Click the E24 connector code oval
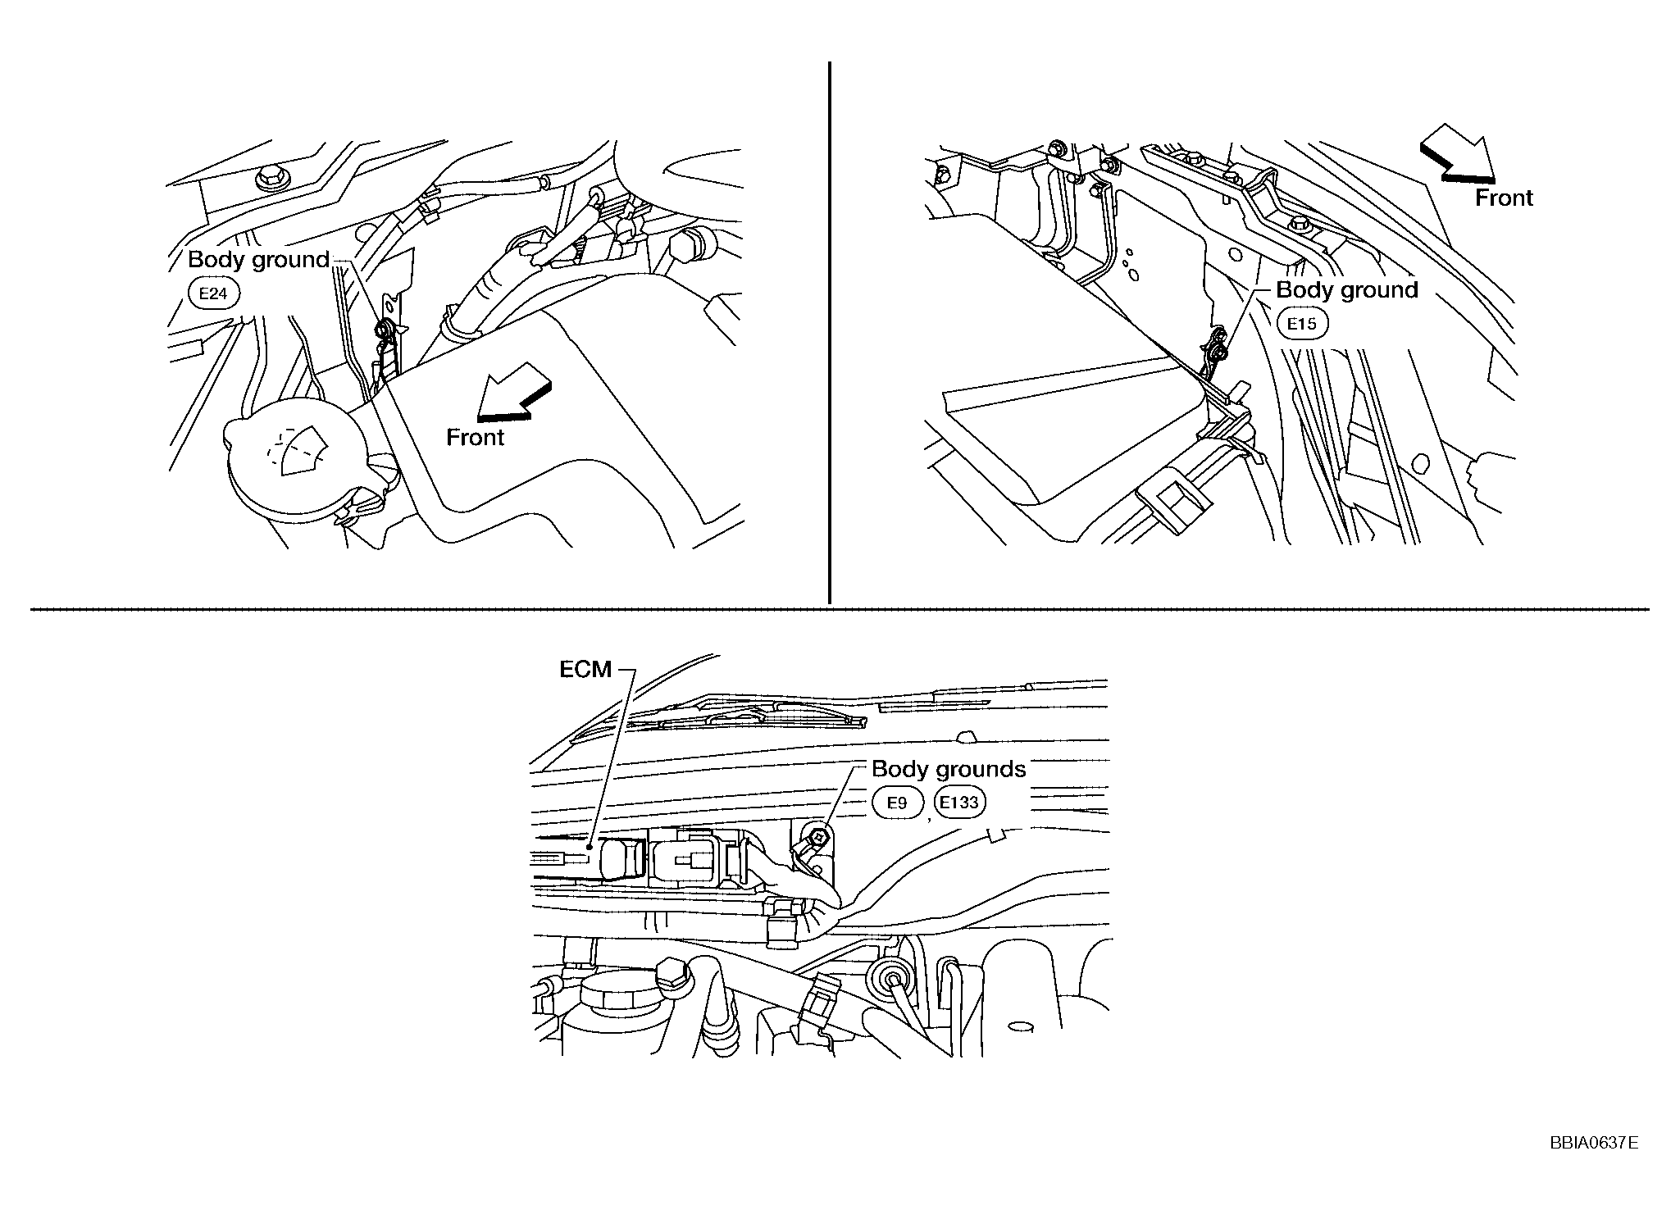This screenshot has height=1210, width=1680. [x=213, y=293]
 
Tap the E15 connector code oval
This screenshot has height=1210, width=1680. [x=1301, y=323]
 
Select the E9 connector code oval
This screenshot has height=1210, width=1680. [x=898, y=803]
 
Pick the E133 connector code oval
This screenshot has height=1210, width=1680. [x=959, y=802]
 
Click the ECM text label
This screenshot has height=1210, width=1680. [x=585, y=670]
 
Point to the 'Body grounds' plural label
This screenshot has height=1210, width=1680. [x=949, y=769]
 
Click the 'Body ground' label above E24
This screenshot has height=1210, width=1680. [x=258, y=260]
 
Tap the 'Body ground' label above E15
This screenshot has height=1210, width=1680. [x=1347, y=289]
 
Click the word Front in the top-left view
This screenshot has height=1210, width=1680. [x=476, y=438]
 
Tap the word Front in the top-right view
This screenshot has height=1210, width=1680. [x=1504, y=198]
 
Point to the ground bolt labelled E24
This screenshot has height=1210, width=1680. [x=384, y=330]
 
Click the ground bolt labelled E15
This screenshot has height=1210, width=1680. [x=1219, y=351]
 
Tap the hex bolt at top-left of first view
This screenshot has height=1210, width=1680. [x=269, y=178]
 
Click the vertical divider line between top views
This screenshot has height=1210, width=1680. [x=830, y=332]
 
